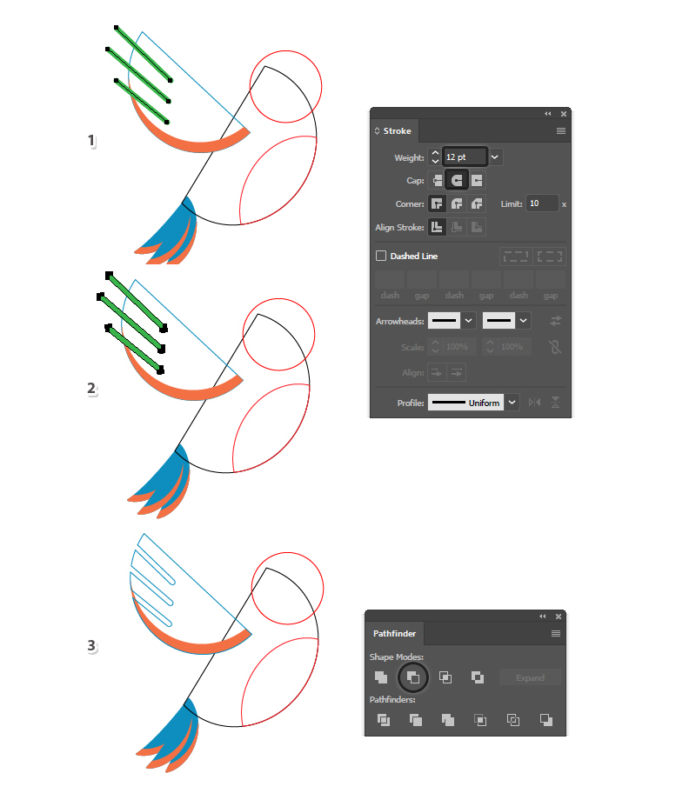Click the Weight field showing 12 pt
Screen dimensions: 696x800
coord(465,157)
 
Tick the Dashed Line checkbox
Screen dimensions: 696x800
coord(381,256)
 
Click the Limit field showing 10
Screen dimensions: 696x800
coord(542,203)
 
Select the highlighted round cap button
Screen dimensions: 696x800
coord(457,180)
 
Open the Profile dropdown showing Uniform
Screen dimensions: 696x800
coord(512,403)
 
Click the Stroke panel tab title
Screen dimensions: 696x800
coord(397,131)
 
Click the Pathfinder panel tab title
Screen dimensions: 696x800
coord(394,634)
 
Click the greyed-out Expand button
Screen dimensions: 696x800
coord(530,677)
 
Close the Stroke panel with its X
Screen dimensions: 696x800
coord(564,114)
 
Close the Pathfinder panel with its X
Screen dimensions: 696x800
coord(559,617)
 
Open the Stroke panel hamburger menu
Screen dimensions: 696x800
coord(560,131)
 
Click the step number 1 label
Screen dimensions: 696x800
coord(91,140)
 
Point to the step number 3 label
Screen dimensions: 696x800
coord(91,645)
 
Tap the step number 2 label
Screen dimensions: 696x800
coord(91,389)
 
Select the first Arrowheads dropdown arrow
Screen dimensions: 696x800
coord(468,321)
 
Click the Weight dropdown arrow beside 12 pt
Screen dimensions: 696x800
coord(494,157)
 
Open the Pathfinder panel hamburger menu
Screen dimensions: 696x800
coord(556,634)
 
